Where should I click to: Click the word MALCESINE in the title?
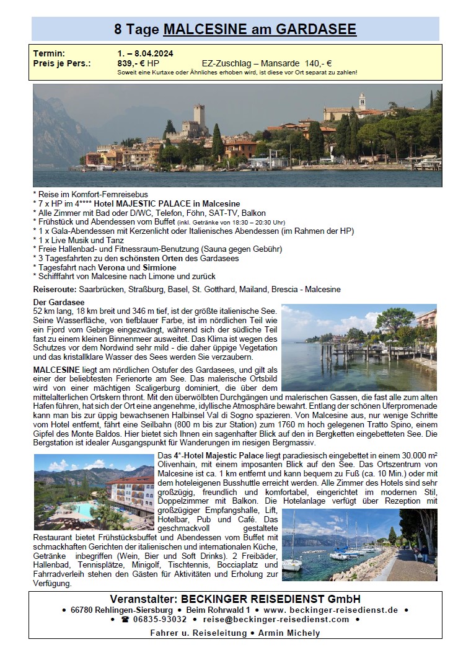(x=204, y=29)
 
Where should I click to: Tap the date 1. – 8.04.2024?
(x=145, y=53)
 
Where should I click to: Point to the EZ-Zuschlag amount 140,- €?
(x=319, y=63)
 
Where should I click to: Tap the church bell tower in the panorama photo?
(x=362, y=101)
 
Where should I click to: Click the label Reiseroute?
(x=55, y=290)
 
